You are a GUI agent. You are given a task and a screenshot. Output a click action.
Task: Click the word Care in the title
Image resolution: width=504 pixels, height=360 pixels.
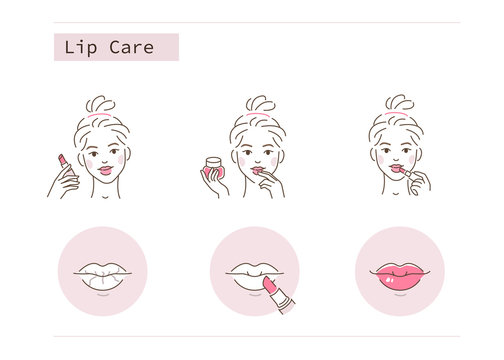[131, 47]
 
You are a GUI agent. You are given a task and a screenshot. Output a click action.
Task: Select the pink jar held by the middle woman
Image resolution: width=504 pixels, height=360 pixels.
[213, 166]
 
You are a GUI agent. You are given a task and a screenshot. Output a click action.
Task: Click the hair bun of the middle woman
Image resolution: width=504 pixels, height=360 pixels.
[259, 104]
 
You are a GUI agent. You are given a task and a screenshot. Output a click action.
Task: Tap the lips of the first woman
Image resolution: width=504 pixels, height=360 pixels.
[105, 171]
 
